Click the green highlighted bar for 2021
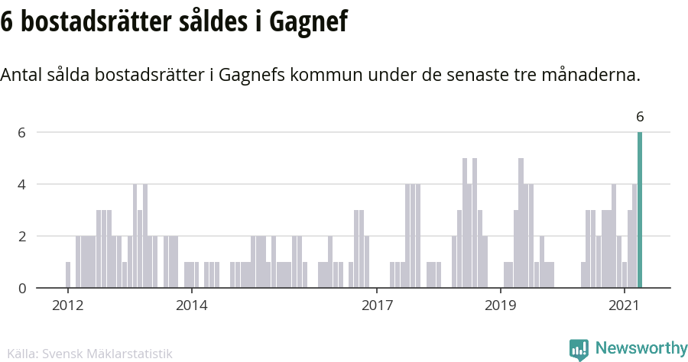640,210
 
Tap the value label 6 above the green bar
640,117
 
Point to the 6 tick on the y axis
23,132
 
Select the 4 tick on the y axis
23,184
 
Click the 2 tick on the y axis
23,236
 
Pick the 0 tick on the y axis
23,288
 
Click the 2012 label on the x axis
67,305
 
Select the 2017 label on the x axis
377,305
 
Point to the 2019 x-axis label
501,305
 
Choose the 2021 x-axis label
624,305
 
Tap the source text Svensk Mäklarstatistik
107,354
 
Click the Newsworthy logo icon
579,349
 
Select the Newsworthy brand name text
641,348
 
